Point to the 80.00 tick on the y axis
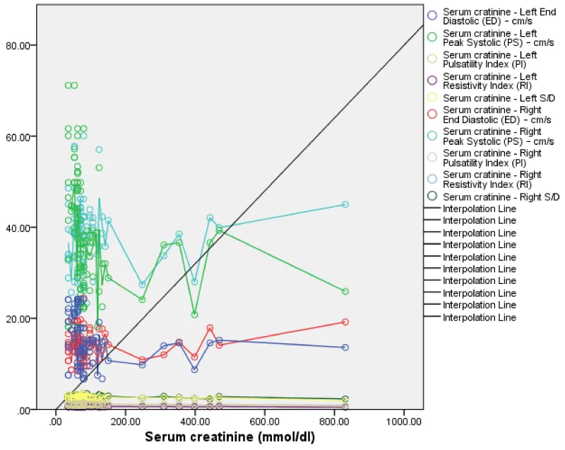point(24,45)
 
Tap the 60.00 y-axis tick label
point(24,136)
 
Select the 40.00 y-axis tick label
point(24,227)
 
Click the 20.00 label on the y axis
point(24,319)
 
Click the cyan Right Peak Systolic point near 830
point(345,204)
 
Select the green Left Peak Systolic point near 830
point(345,291)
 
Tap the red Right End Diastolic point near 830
point(345,321)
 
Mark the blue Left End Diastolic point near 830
point(345,348)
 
